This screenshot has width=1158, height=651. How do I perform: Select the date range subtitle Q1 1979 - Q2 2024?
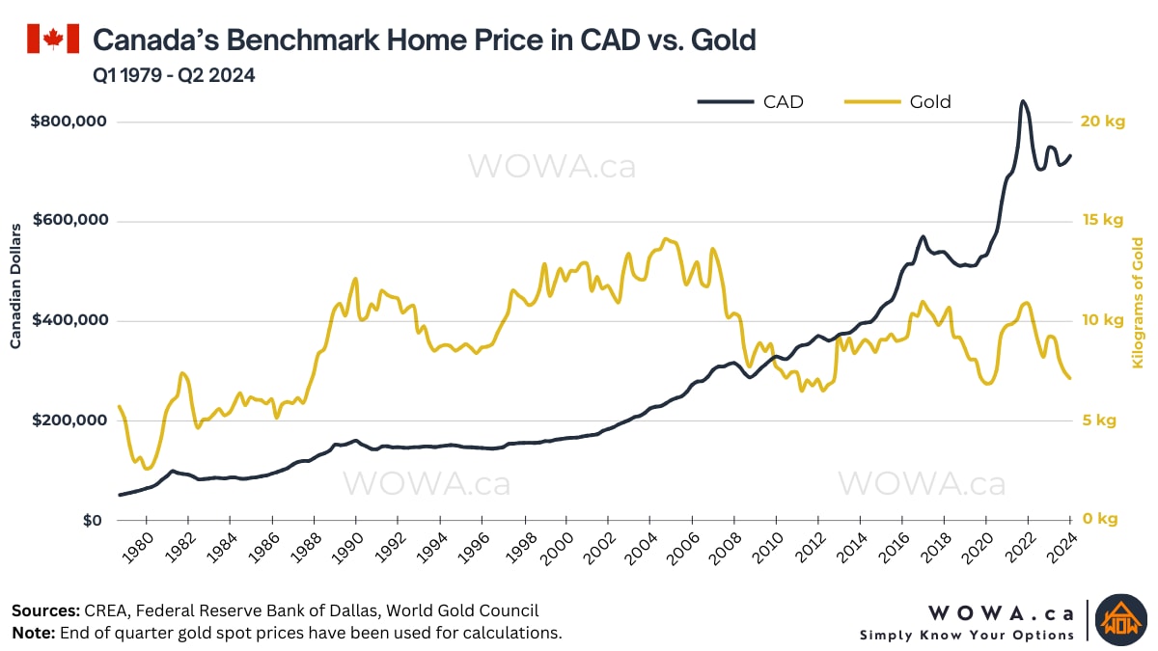coord(174,75)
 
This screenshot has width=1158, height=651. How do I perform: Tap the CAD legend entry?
coord(753,101)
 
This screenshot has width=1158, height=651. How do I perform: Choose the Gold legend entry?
coord(898,101)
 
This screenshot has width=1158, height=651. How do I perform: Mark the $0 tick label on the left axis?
coord(93,520)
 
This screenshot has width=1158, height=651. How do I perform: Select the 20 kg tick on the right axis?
coord(1102,122)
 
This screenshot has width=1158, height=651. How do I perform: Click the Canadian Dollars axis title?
coord(16,285)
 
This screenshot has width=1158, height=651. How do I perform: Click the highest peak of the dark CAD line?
coord(1023,101)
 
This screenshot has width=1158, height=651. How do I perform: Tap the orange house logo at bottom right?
coord(1119,616)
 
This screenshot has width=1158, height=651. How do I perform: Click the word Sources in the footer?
coord(45,610)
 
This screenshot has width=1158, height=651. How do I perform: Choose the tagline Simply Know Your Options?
coord(967,635)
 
